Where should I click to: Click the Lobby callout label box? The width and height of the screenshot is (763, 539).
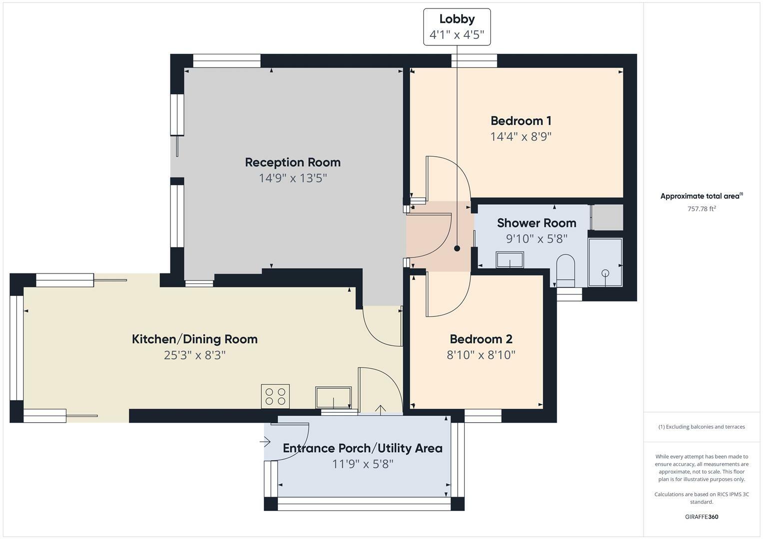click(x=457, y=27)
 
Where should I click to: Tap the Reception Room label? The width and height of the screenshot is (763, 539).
click(x=292, y=162)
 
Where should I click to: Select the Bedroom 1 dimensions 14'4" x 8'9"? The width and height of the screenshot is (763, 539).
click(x=521, y=136)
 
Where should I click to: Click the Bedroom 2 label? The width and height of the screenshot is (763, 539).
click(x=481, y=339)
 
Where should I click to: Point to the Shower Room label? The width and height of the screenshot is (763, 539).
click(x=536, y=223)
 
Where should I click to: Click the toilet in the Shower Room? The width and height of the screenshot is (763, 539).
click(x=566, y=269)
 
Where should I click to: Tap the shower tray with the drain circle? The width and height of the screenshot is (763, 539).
click(x=605, y=263)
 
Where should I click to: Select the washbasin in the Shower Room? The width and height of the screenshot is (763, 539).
click(x=509, y=260)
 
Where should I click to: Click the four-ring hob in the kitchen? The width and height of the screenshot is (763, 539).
click(x=275, y=396)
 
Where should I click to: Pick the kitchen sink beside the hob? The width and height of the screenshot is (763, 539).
click(x=333, y=397)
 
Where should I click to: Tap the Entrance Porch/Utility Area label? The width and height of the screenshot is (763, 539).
click(x=362, y=448)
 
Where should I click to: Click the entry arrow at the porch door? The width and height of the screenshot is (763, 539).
click(x=265, y=442)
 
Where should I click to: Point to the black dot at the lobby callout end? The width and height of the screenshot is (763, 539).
click(x=457, y=249)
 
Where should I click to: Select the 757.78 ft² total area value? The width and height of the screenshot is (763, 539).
click(x=702, y=209)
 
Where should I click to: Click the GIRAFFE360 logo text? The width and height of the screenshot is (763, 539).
click(x=701, y=517)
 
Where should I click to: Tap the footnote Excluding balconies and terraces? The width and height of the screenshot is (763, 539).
click(x=702, y=427)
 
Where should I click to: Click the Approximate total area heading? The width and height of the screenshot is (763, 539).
click(x=701, y=196)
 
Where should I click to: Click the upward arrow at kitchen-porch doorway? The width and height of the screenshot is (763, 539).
click(x=380, y=410)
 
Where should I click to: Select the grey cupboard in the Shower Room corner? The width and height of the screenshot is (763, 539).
click(x=607, y=217)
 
